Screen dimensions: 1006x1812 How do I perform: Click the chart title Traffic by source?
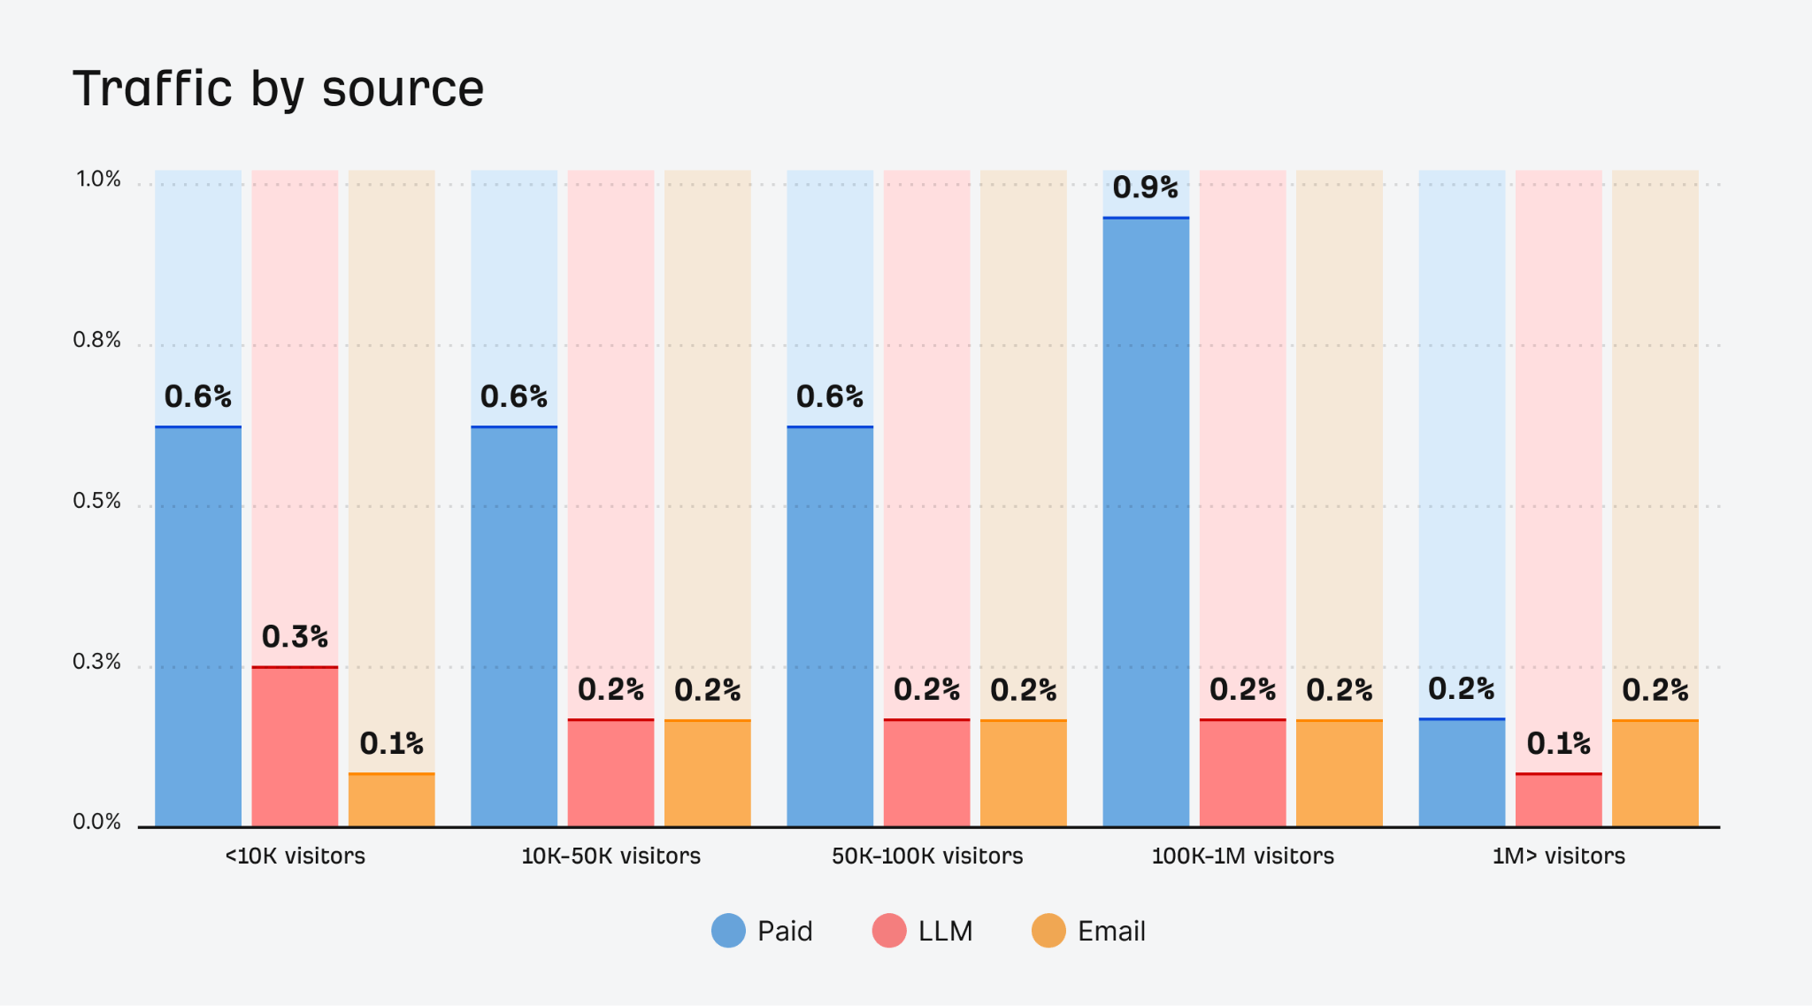pos(278,88)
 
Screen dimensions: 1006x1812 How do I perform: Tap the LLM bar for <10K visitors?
pos(295,747)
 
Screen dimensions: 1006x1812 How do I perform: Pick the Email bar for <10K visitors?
pos(391,800)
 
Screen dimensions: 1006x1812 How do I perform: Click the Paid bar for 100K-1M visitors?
pos(1146,522)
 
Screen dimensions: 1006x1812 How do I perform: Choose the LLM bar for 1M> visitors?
pos(1558,800)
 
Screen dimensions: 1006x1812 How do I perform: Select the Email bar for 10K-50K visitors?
pos(707,773)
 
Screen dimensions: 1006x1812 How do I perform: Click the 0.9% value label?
pos(1145,188)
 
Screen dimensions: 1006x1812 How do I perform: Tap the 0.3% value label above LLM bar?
pos(295,637)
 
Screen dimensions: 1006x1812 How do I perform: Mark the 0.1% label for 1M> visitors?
pos(1558,743)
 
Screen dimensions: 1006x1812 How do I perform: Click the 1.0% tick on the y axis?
pos(98,180)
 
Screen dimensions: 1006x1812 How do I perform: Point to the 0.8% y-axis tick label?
pos(96,341)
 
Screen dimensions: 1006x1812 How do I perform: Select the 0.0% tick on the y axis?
pos(96,822)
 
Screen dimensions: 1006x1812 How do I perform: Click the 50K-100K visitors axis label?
pos(926,856)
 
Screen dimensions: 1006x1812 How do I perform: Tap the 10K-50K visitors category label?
pos(610,856)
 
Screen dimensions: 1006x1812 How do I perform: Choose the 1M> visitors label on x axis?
pos(1558,856)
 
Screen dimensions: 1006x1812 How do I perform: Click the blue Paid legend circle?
pos(728,931)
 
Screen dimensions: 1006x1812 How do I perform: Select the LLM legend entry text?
pos(945,931)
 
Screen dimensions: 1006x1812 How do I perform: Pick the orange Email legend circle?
pos(1048,931)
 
